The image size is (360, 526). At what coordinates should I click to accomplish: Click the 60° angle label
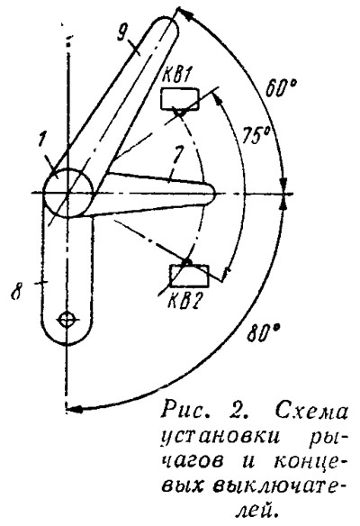click(281, 89)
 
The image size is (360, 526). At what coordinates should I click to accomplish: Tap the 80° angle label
click(264, 333)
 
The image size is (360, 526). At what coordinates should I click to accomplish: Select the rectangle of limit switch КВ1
click(179, 99)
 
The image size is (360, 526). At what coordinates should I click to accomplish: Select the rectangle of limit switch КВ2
click(189, 276)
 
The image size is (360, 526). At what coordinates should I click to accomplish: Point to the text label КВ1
click(175, 77)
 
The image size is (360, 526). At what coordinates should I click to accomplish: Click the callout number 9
click(121, 32)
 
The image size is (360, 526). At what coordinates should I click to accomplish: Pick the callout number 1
click(41, 141)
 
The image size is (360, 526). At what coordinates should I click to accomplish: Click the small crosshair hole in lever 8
click(67, 320)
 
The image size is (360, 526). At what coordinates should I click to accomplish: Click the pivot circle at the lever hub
click(68, 193)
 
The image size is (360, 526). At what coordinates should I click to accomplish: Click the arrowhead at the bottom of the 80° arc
click(73, 409)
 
